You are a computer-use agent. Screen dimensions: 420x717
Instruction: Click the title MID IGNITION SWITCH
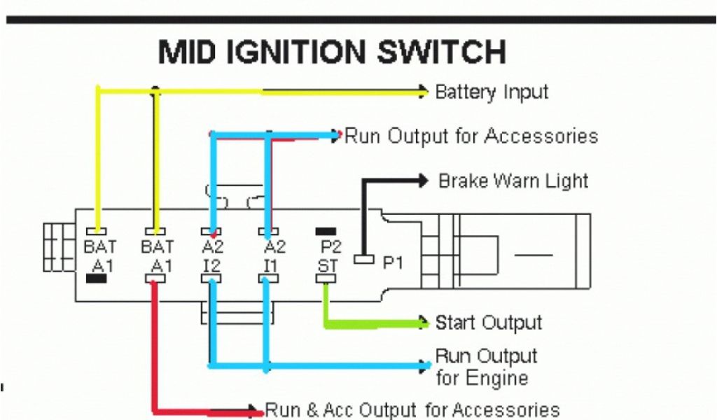pyautogui.click(x=331, y=53)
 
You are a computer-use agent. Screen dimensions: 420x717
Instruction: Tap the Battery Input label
pyautogui.click(x=492, y=92)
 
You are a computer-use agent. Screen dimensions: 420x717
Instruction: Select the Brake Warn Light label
pyautogui.click(x=513, y=181)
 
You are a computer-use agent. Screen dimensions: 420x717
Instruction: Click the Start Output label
pyautogui.click(x=489, y=323)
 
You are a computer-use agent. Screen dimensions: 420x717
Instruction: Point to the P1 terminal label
pyautogui.click(x=393, y=262)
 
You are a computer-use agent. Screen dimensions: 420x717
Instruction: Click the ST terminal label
pyautogui.click(x=327, y=266)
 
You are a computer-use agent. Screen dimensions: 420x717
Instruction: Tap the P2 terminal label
pyautogui.click(x=330, y=247)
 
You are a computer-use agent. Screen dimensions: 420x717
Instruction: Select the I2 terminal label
pyautogui.click(x=211, y=266)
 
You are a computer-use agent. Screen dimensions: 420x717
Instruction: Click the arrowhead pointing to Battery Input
pyautogui.click(x=423, y=91)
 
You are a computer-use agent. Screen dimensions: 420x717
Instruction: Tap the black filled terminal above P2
pyautogui.click(x=326, y=231)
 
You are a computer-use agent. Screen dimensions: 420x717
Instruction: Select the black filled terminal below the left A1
pyautogui.click(x=96, y=279)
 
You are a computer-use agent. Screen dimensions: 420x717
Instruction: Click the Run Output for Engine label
pyautogui.click(x=485, y=367)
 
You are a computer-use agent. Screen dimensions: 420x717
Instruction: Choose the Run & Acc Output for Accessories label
pyautogui.click(x=412, y=410)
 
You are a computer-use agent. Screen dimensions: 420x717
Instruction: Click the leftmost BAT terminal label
pyautogui.click(x=99, y=247)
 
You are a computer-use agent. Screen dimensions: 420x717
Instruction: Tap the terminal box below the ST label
pyautogui.click(x=326, y=279)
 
